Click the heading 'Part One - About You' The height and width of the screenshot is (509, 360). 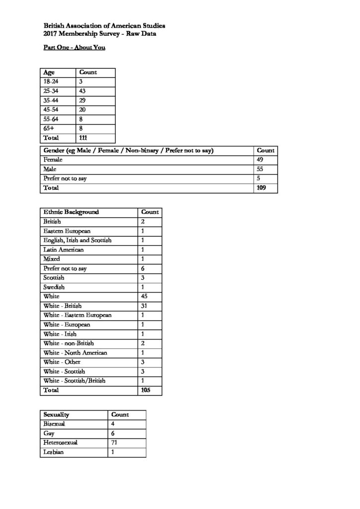pos(71,48)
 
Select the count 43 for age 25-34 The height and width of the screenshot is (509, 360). pos(83,91)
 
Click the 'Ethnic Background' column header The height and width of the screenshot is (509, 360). pos(71,212)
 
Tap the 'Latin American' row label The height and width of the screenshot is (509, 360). pos(64,250)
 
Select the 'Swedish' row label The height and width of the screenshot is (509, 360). pos(54,287)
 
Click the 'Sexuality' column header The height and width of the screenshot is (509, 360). pos(56,415)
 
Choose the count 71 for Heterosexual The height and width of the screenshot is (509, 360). pos(114,442)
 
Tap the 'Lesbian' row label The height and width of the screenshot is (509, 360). pos(54,452)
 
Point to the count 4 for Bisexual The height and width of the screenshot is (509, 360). pos(113,424)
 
